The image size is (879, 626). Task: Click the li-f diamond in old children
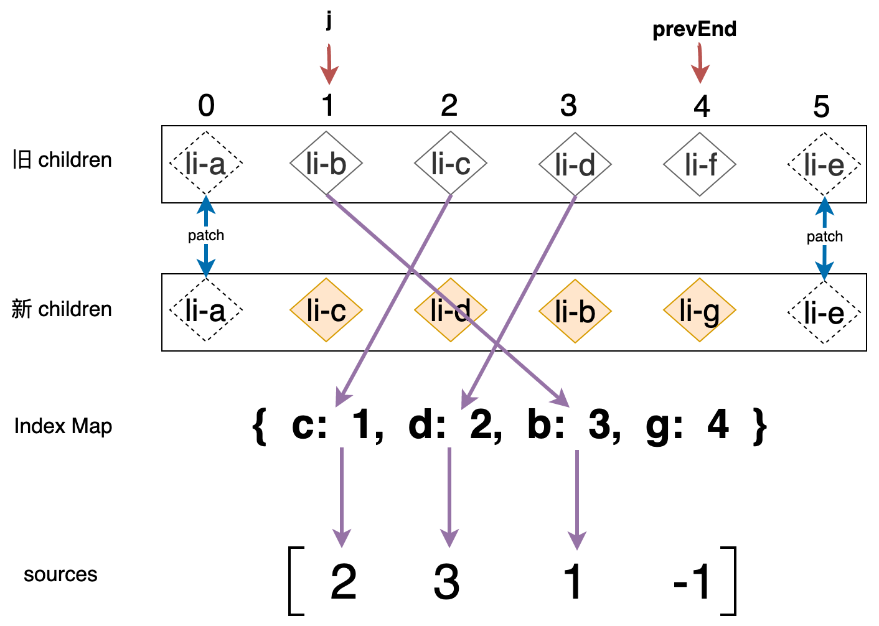tap(700, 164)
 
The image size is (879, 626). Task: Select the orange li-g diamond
tap(700, 310)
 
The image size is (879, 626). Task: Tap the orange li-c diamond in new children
tap(326, 310)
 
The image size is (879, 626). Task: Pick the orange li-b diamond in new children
tap(575, 310)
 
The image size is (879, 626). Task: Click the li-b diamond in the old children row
tap(326, 164)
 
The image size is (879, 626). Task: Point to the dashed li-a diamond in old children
tap(205, 164)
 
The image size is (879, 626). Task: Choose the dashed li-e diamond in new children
tap(824, 311)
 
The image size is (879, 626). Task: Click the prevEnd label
tap(694, 29)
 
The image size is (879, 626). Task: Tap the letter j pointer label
tap(329, 20)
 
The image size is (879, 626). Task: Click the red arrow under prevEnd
tap(700, 65)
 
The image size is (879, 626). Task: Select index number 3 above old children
tap(568, 106)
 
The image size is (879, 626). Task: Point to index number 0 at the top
tap(206, 106)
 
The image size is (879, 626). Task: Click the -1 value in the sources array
tap(692, 582)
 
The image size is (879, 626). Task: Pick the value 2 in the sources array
tap(343, 582)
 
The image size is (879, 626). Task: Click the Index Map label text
tap(63, 426)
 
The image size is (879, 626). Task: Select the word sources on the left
tap(60, 574)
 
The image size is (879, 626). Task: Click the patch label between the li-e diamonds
tap(824, 236)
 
